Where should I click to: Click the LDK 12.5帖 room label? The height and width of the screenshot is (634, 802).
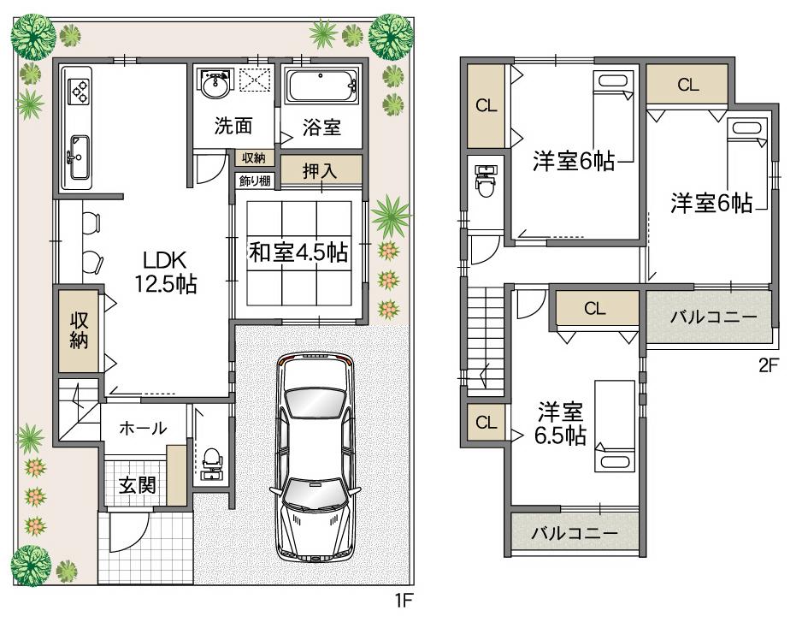[x=164, y=272]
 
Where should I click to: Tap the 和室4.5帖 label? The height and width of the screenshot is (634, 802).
[x=298, y=252]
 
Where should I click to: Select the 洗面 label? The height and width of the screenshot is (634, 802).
[x=233, y=127]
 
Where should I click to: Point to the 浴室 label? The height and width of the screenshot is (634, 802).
[x=322, y=127]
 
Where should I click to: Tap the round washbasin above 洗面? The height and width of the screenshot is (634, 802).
[x=215, y=85]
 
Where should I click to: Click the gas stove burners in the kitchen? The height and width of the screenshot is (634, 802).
[x=79, y=90]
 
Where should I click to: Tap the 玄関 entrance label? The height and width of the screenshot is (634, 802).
[x=136, y=485]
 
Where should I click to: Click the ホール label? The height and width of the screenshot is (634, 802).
[x=143, y=428]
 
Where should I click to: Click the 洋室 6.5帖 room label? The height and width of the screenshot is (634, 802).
[x=560, y=423]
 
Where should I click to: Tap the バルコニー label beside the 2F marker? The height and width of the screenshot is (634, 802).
[x=713, y=317]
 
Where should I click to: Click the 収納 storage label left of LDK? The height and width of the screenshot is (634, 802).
[x=80, y=329]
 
